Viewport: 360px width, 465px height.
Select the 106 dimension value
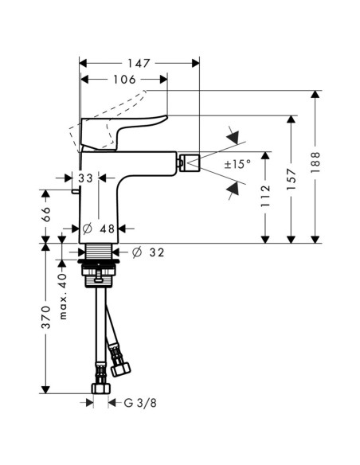pos(124,79)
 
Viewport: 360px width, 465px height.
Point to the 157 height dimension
pos(291,177)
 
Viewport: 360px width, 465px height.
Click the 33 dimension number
pos(87,179)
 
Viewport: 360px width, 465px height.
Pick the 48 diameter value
pos(108,229)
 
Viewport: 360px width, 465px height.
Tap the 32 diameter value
pos(157,252)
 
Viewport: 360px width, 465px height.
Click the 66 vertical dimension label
pos(46,214)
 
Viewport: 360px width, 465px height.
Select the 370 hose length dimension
pos(46,316)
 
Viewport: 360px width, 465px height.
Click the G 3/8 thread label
pos(133,403)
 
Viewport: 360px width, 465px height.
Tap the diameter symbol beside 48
pos(88,229)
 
